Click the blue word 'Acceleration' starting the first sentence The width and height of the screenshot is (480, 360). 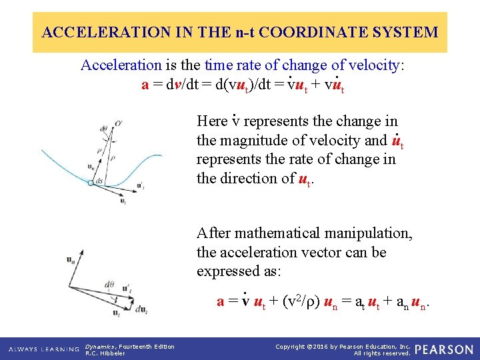coord(121,65)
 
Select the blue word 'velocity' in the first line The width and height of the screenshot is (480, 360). coord(375,65)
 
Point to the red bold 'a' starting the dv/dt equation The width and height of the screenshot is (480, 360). coord(145,85)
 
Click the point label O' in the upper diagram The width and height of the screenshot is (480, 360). coord(118,123)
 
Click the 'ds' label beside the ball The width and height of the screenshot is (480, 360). coord(99,181)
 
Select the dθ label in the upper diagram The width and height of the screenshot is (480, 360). coord(103,129)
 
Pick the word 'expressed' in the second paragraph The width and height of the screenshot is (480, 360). coord(225,272)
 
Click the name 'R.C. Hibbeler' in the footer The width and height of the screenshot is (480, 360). coord(105,353)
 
